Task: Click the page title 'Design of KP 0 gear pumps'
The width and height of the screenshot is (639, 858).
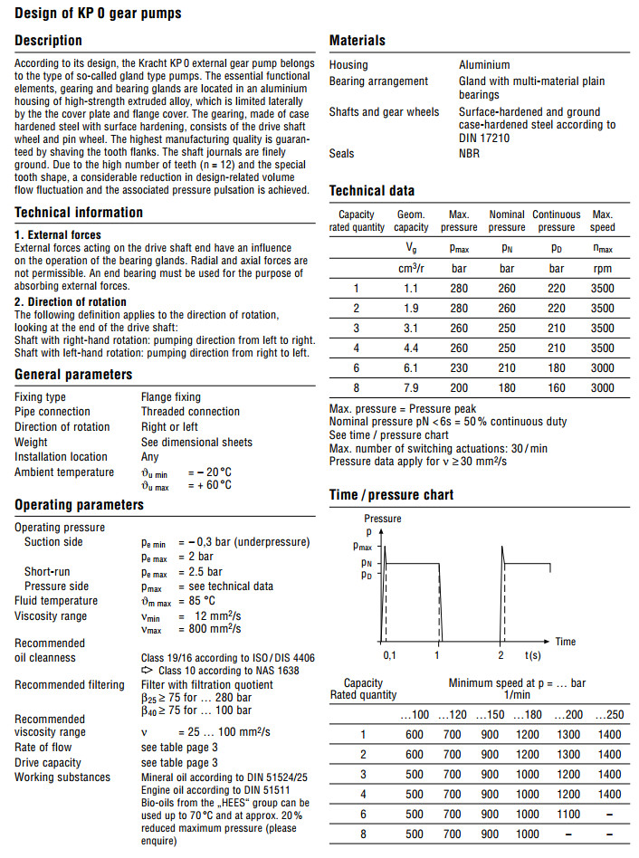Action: pyautogui.click(x=98, y=13)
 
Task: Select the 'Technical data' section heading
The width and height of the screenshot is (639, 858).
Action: pyautogui.click(x=372, y=191)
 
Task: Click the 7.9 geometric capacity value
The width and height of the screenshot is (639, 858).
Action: pyautogui.click(x=412, y=387)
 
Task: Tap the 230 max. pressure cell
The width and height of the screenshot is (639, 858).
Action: pyautogui.click(x=458, y=367)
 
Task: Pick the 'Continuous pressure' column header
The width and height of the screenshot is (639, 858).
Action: pyautogui.click(x=556, y=221)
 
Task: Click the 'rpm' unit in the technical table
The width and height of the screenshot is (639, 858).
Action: pyautogui.click(x=602, y=269)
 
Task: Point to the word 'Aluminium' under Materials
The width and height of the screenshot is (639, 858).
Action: pyautogui.click(x=484, y=65)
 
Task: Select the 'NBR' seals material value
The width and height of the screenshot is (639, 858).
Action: pyautogui.click(x=470, y=154)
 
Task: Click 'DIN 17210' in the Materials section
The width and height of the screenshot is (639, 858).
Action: pyautogui.click(x=490, y=138)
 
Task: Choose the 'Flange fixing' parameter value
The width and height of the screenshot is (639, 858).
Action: pyautogui.click(x=171, y=397)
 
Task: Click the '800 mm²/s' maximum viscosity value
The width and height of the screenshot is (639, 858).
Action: pyautogui.click(x=211, y=630)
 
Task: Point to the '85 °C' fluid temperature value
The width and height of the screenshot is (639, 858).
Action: pyautogui.click(x=196, y=601)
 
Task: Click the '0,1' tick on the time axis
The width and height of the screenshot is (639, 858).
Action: pyautogui.click(x=389, y=653)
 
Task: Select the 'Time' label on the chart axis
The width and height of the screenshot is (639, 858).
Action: pyautogui.click(x=565, y=642)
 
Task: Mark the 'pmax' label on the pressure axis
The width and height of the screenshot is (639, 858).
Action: pyautogui.click(x=362, y=547)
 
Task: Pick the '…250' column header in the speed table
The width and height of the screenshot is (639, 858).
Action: pyautogui.click(x=609, y=715)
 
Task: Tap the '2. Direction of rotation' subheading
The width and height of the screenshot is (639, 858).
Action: pyautogui.click(x=71, y=301)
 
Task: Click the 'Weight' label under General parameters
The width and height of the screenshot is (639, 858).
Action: pyautogui.click(x=31, y=442)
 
